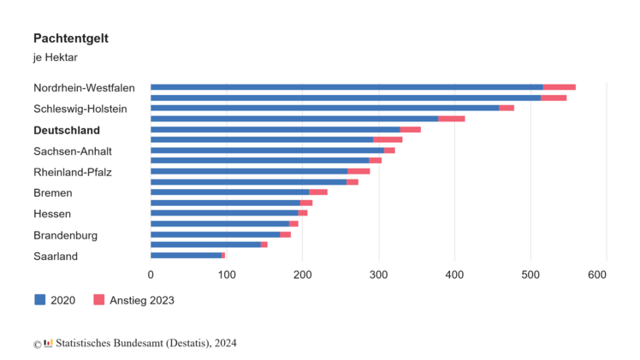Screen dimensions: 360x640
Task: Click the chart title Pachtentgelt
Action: [70, 38]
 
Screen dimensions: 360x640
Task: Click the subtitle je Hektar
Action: [55, 57]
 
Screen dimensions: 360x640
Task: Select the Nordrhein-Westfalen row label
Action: [84, 87]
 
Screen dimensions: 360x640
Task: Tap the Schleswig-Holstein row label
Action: [80, 109]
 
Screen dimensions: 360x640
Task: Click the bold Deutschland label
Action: [67, 130]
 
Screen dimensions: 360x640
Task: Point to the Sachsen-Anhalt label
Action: [73, 151]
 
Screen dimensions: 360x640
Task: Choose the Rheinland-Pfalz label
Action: [73, 172]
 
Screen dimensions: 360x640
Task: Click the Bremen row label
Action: [53, 193]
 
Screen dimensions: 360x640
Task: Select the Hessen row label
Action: [52, 214]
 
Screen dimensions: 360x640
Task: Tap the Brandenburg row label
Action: [65, 235]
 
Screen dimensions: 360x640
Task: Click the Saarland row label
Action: [56, 256]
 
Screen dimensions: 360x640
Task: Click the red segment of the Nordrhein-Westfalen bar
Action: [559, 87]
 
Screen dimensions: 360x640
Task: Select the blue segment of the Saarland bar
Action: [186, 255]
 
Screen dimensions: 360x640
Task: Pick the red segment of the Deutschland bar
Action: [410, 129]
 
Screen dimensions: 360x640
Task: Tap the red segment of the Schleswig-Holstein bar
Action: [506, 108]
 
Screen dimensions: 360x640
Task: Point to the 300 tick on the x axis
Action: [378, 274]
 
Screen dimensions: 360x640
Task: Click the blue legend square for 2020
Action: [39, 300]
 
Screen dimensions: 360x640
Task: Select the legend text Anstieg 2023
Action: [140, 300]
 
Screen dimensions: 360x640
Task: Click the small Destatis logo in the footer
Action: [48, 344]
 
